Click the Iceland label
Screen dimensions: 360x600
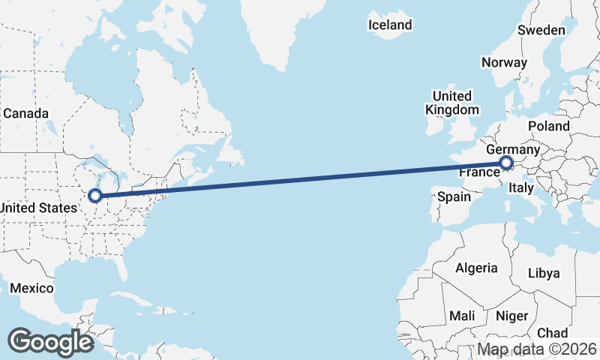pos(390,25)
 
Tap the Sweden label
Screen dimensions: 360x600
pos(541,30)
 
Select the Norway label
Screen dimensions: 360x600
pos(505,62)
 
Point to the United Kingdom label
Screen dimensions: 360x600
pos(451,103)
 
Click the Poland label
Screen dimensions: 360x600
pos(549,126)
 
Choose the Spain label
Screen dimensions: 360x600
pos(454,197)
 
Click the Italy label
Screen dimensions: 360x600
pos(520,190)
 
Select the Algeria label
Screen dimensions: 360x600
pos(476,268)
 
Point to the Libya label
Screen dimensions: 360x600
pos(544,272)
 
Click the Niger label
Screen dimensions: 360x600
pos(512,316)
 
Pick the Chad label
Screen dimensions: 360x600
pos(553,333)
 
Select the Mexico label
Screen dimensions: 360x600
pos(31,289)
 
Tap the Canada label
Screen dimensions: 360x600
pos(26,113)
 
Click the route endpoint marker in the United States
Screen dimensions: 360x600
pos(95,196)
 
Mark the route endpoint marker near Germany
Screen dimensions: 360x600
pos(505,163)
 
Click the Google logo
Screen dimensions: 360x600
pos(50,342)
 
